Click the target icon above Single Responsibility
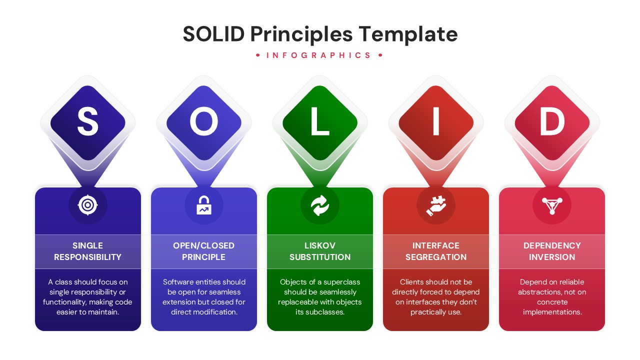pyautogui.click(x=88, y=205)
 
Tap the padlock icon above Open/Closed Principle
pyautogui.click(x=204, y=205)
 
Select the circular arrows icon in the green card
pyautogui.click(x=320, y=205)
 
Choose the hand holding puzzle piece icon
pyautogui.click(x=436, y=205)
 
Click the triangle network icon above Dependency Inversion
pyautogui.click(x=552, y=205)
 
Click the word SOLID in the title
pyautogui.click(x=213, y=34)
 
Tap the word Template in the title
pyautogui.click(x=408, y=34)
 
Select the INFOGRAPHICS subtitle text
pyautogui.click(x=319, y=55)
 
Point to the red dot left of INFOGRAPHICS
pyautogui.click(x=258, y=55)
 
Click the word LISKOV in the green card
pyautogui.click(x=320, y=245)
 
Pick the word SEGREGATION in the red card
pyautogui.click(x=436, y=257)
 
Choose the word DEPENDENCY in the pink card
pyautogui.click(x=552, y=245)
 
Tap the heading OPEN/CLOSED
pyautogui.click(x=204, y=245)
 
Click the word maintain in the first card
pyautogui.click(x=102, y=312)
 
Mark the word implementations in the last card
pyautogui.click(x=551, y=312)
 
